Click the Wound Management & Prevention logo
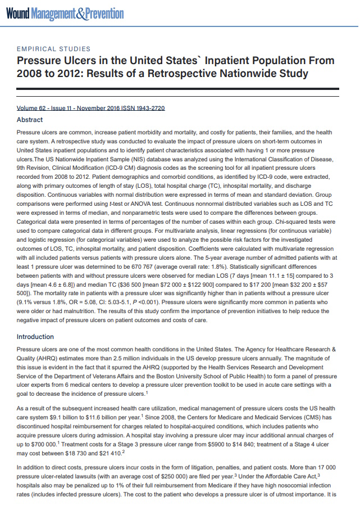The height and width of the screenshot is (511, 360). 65,12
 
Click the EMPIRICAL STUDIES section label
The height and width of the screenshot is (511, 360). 54,49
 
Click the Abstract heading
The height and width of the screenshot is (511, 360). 30,120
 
